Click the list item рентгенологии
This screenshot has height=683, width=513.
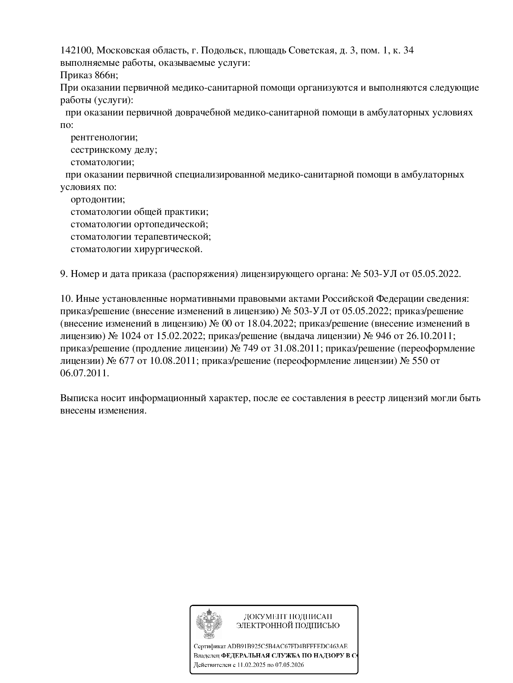pyautogui.click(x=104, y=138)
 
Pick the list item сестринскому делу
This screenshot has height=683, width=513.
pyautogui.click(x=114, y=150)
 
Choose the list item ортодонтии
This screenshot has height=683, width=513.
pyautogui.click(x=98, y=199)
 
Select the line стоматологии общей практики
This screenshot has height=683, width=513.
pyautogui.click(x=139, y=212)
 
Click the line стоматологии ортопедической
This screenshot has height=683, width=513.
pyautogui.click(x=139, y=224)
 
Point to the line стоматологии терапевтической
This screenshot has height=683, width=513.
pyautogui.click(x=141, y=237)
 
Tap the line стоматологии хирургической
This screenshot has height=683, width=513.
pyautogui.click(x=137, y=249)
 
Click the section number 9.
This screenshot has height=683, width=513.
pyautogui.click(x=63, y=274)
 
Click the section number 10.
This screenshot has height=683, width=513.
pyautogui.click(x=66, y=299)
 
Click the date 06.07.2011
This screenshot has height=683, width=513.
pyautogui.click(x=84, y=373)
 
